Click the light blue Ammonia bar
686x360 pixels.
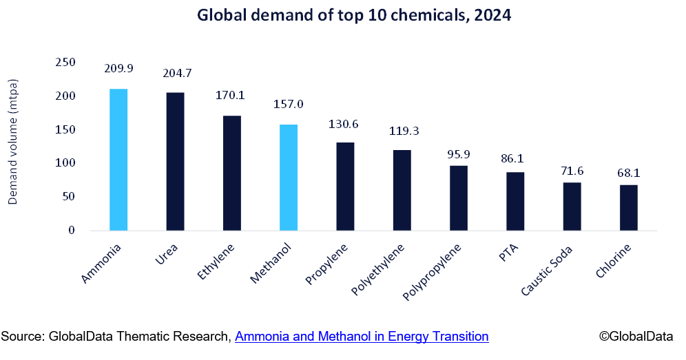(x=118, y=160)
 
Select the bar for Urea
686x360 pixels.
(x=175, y=162)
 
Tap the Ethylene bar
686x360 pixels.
(x=232, y=173)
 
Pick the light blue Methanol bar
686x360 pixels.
(x=289, y=178)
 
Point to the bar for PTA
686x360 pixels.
(x=515, y=201)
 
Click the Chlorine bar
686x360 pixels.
(x=628, y=207)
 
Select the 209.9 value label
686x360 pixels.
(x=118, y=68)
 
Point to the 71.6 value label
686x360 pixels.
(x=572, y=170)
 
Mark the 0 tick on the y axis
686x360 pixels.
(x=71, y=231)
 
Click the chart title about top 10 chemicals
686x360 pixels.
(x=354, y=16)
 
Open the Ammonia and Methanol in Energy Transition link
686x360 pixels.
(x=362, y=337)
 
